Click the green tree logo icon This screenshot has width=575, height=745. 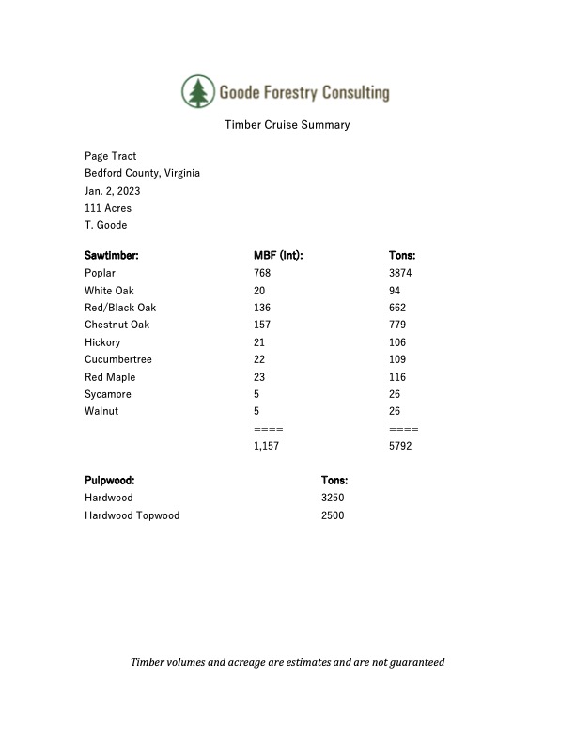(197, 91)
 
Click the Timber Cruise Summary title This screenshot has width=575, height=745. (287, 125)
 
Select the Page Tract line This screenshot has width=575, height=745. (111, 156)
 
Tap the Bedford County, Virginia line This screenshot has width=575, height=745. (142, 173)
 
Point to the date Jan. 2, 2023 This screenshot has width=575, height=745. (112, 191)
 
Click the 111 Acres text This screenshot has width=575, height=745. (108, 208)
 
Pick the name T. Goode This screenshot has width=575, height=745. (105, 225)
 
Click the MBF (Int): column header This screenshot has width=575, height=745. (278, 255)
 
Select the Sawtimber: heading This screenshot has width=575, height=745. (112, 255)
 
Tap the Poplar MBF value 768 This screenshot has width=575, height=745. (262, 273)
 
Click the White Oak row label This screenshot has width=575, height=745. (109, 291)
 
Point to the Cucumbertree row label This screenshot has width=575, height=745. (117, 359)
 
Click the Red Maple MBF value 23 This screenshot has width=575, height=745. (259, 377)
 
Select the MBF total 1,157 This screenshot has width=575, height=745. (267, 446)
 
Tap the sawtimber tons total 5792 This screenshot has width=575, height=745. (400, 446)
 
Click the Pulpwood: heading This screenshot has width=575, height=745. (110, 480)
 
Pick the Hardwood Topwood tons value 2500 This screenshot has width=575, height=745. (333, 515)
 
